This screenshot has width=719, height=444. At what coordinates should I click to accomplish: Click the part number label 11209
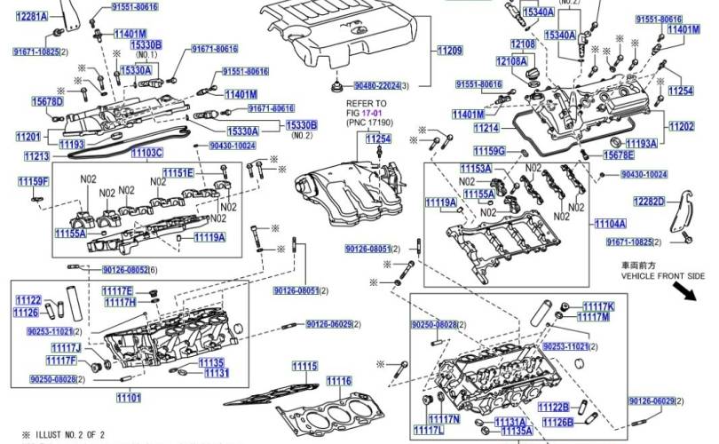450,52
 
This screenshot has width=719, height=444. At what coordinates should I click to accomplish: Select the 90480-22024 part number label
377,86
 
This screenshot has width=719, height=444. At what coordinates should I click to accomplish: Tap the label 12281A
32,18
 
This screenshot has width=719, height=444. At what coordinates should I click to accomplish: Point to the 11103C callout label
147,153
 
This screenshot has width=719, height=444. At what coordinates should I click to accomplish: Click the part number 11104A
610,224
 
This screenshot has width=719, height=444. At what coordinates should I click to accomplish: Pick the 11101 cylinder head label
129,397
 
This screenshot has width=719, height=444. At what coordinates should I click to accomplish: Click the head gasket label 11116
338,382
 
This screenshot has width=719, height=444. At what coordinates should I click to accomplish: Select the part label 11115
304,366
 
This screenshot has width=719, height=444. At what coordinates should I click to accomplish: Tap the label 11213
37,156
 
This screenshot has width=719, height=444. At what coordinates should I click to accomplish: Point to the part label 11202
682,126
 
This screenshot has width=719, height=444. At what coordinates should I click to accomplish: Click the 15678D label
47,102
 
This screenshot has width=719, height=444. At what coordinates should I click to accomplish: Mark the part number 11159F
33,182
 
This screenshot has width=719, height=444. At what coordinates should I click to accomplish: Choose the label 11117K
597,306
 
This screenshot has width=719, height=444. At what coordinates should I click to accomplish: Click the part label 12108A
511,61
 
